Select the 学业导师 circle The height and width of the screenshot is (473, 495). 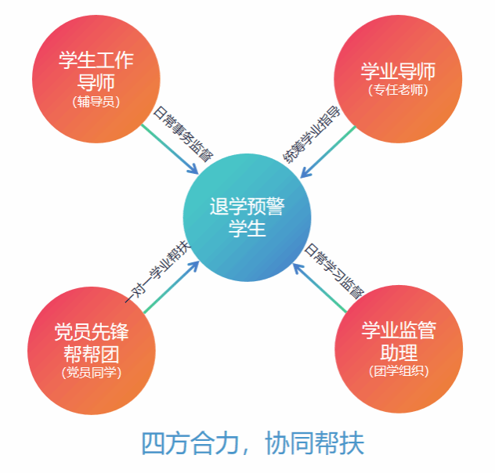pyautogui.click(x=398, y=78)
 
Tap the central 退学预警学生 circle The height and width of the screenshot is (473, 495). pyautogui.click(x=247, y=218)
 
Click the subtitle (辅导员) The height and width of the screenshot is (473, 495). pyautogui.click(x=96, y=101)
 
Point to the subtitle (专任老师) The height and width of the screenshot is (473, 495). pyautogui.click(x=398, y=89)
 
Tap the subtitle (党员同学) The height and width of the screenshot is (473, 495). pyautogui.click(x=92, y=372)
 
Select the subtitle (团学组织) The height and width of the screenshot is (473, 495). pyautogui.click(x=398, y=370)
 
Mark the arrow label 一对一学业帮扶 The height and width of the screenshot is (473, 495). pyautogui.click(x=157, y=270)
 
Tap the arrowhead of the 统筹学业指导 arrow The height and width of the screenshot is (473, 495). pyautogui.click(x=305, y=172)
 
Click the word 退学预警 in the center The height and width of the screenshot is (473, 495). pyautogui.click(x=247, y=207)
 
